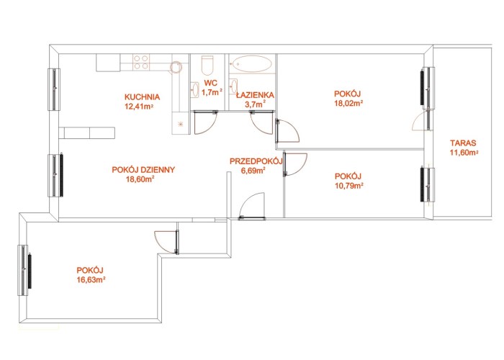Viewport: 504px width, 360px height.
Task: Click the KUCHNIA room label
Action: pyautogui.click(x=142, y=96)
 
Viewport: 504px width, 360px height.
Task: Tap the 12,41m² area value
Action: pyautogui.click(x=138, y=106)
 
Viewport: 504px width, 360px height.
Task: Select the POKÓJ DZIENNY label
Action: pyautogui.click(x=143, y=170)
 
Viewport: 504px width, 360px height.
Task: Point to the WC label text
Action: pyautogui.click(x=210, y=84)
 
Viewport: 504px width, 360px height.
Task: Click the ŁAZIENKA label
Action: pyautogui.click(x=255, y=95)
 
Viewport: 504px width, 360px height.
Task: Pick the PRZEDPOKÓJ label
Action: pyautogui.click(x=256, y=161)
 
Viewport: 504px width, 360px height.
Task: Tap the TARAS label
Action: pyautogui.click(x=463, y=143)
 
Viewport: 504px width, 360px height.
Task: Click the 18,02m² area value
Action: pyautogui.click(x=348, y=103)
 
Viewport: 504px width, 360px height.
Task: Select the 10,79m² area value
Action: pyautogui.click(x=349, y=186)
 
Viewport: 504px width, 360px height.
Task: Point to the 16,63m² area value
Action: pyautogui.click(x=91, y=279)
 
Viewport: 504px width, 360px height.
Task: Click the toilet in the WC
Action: pyautogui.click(x=207, y=66)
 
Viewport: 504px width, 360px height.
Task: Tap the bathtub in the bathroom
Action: pyautogui.click(x=252, y=63)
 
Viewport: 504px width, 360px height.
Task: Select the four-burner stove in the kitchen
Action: pyautogui.click(x=141, y=63)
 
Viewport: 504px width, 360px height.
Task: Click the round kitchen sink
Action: pyautogui.click(x=176, y=68)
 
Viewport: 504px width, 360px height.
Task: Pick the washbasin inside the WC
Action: pyautogui.click(x=195, y=90)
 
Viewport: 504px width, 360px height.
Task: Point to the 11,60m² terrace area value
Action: pyautogui.click(x=464, y=153)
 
